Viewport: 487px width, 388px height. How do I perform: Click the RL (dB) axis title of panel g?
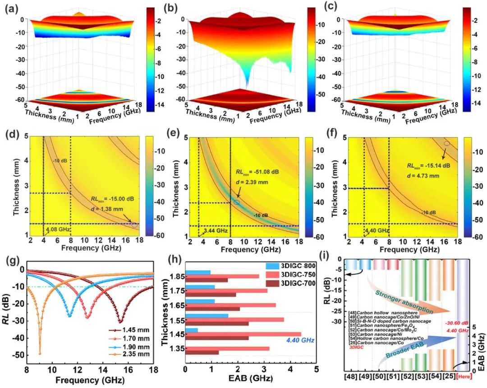point(8,312)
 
